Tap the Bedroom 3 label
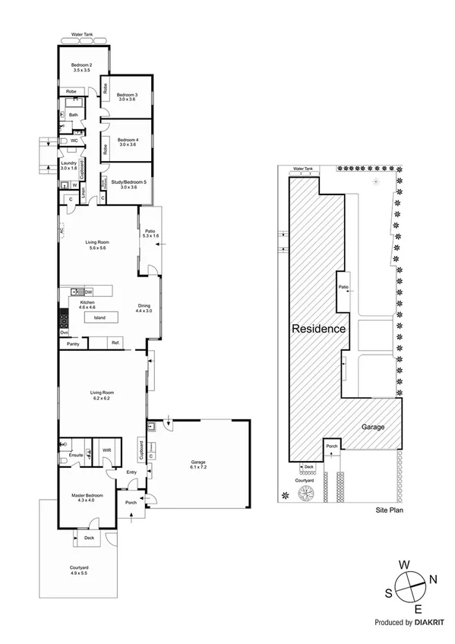pos(127,96)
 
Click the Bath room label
pos(73,115)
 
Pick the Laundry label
pos(68,165)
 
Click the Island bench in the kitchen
pos(100,317)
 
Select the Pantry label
pos(73,344)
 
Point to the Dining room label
pos(144,307)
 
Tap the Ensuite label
pos(75,454)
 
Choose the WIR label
pos(107,450)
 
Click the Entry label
pos(131,472)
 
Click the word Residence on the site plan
pos(320,329)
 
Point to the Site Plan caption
pos(389,510)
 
